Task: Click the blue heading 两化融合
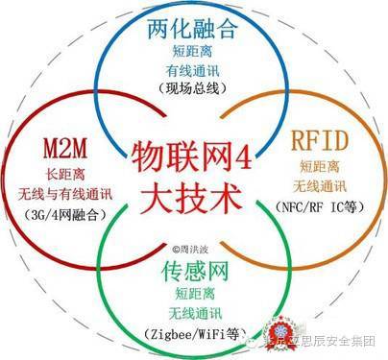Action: tap(194, 30)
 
